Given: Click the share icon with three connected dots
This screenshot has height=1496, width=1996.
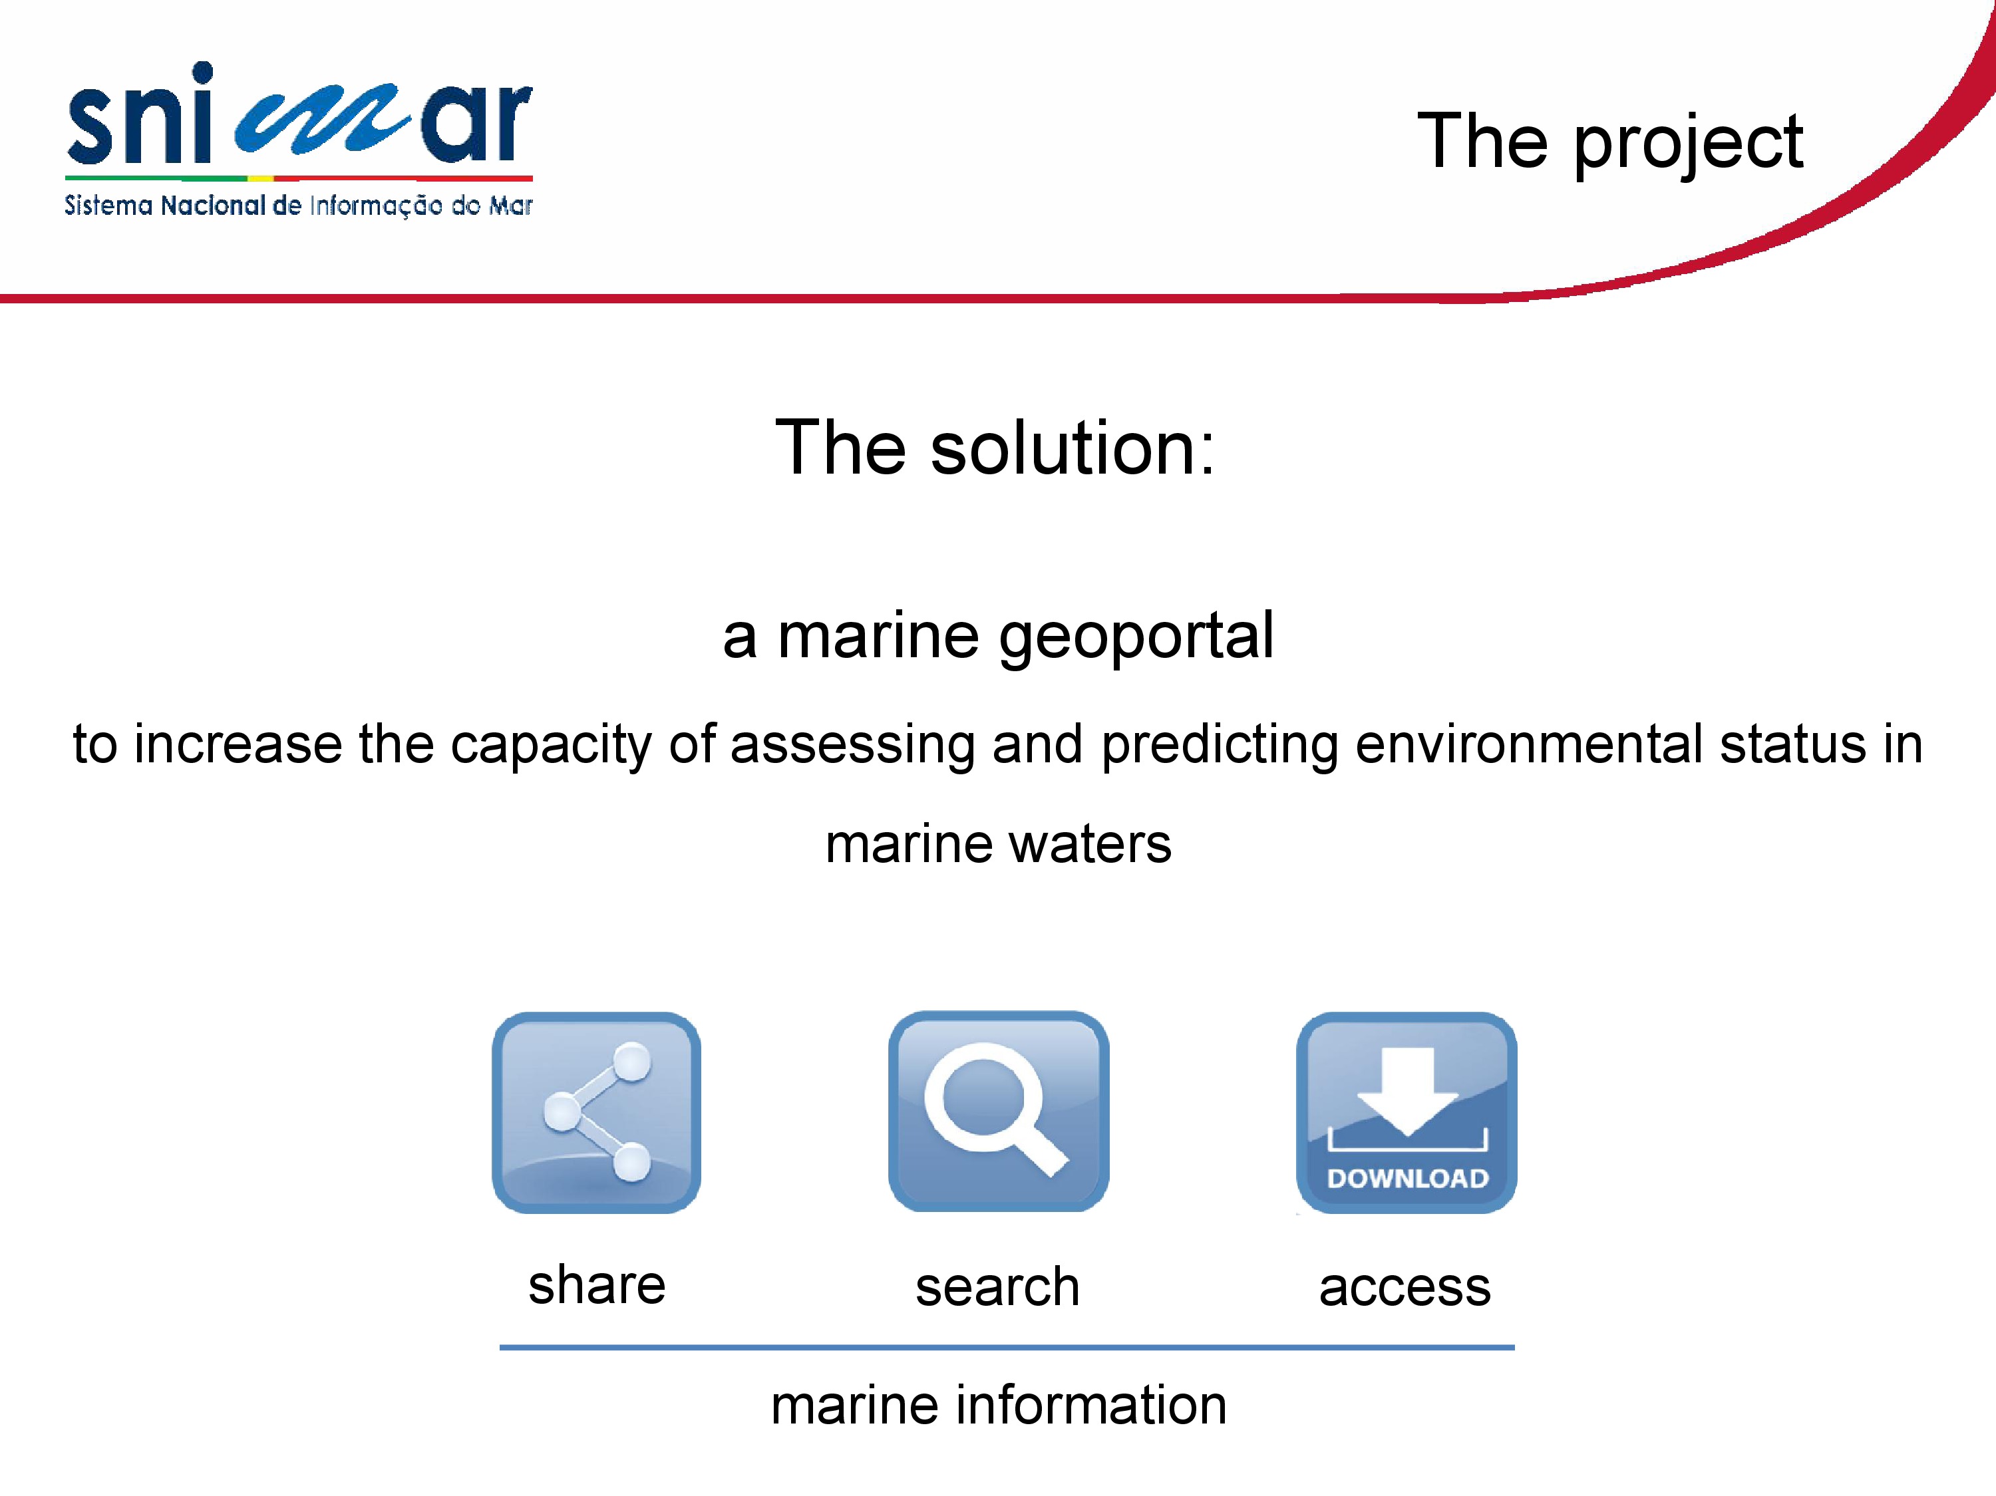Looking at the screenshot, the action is point(596,1113).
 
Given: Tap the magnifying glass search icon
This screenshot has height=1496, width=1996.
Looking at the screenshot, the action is point(999,1112).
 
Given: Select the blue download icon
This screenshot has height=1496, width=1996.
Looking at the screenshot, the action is point(1407,1113).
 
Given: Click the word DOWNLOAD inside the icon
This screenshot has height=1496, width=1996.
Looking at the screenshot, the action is point(1408,1179).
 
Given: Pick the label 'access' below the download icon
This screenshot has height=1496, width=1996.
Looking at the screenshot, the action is point(1405,1288).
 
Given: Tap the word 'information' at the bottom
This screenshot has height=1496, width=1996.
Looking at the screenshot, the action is point(1091,1405).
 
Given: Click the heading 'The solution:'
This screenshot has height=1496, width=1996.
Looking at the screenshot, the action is point(996,448).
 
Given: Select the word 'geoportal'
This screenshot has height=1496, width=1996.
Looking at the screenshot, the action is point(1136,639).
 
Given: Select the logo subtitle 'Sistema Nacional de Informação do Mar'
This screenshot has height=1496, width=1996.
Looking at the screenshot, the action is point(299,206).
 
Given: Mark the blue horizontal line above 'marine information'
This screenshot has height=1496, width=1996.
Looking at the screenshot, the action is point(1007,1347).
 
